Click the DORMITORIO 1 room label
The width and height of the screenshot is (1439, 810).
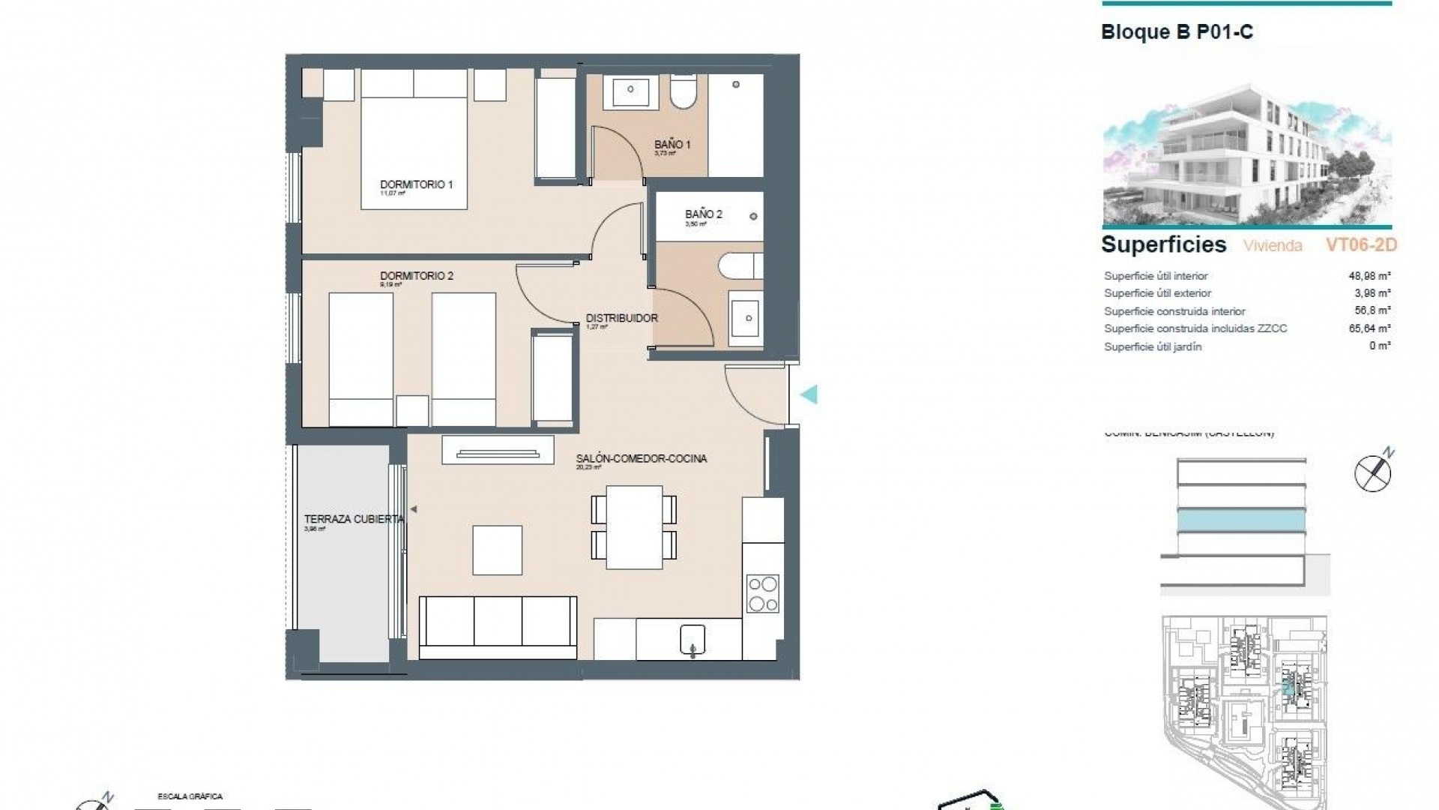pos(416,184)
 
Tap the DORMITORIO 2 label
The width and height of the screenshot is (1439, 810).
pos(416,276)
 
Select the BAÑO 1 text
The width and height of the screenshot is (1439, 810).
pos(672,145)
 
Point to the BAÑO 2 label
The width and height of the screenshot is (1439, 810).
pos(703,214)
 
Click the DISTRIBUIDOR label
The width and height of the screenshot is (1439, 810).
pos(621,318)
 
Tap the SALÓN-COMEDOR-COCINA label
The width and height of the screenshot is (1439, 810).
pos(641,458)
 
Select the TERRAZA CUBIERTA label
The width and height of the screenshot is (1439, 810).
pos(353,519)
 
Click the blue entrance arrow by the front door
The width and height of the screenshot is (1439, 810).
pos(809,394)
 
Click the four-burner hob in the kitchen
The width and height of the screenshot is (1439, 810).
pos(763,593)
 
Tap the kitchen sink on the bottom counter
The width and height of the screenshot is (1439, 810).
pos(693,640)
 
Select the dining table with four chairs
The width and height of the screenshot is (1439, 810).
pos(634,527)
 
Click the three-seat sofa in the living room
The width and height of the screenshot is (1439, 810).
pos(498,628)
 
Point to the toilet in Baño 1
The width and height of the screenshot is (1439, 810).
pos(683,91)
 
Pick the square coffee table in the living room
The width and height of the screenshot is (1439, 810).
pos(497,550)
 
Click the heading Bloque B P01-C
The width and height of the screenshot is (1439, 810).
pos(1177,32)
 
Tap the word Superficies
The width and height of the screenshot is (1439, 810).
pos(1163,244)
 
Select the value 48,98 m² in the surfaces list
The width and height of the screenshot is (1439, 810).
pos(1369,276)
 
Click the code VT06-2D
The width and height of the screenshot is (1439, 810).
pos(1361,245)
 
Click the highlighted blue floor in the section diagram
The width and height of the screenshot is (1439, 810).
pos(1241,520)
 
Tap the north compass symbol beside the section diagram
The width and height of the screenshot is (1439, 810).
pos(1373,472)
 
